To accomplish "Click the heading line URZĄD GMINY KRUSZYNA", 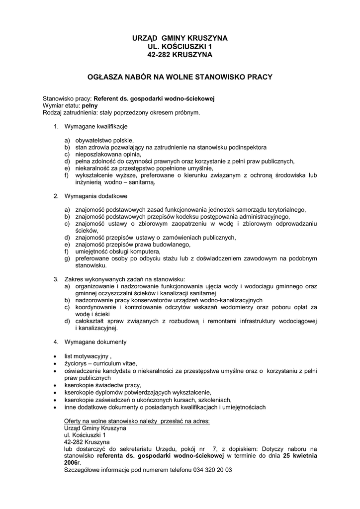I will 180,38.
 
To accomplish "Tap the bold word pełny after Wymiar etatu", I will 90,106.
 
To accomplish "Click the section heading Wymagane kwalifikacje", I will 96,127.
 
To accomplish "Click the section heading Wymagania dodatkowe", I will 95,196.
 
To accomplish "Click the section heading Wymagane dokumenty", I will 95,342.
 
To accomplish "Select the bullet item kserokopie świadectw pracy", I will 103,385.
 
